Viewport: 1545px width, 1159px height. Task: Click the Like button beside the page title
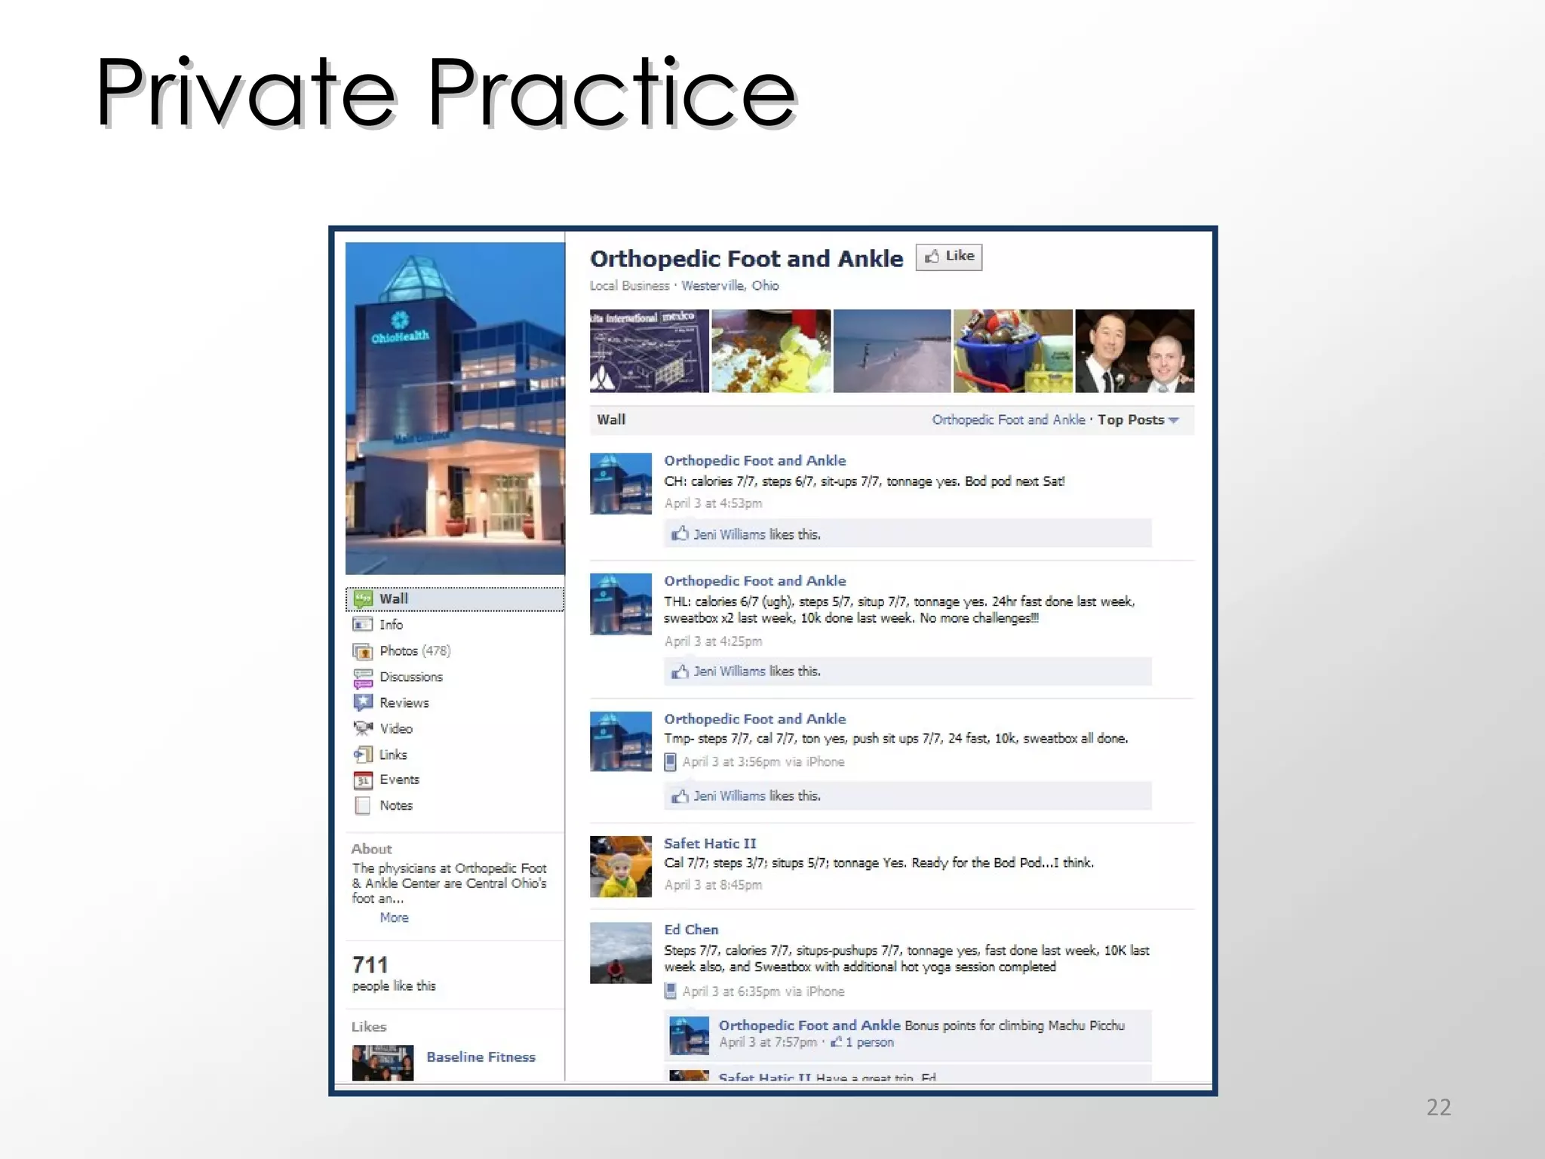pos(948,257)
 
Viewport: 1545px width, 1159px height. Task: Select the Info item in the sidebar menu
pos(391,625)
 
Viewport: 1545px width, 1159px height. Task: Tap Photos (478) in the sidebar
pos(414,651)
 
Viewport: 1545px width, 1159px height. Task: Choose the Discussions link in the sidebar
pos(410,677)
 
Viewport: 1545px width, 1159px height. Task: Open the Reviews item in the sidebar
pos(404,703)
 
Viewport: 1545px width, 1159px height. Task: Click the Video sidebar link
pos(395,729)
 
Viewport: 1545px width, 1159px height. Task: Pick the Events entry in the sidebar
pos(399,779)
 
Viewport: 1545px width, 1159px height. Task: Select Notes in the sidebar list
pos(395,806)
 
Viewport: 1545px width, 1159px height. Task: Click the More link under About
pos(394,918)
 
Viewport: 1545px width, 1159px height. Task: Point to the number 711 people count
pos(370,965)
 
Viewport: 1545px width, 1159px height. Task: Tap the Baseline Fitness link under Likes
pos(481,1057)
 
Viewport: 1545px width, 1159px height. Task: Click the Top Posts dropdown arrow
pos(1174,420)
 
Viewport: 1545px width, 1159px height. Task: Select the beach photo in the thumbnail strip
pos(892,351)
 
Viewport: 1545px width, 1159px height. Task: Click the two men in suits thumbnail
pos(1134,351)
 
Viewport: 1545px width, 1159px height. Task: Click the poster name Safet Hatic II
pos(709,844)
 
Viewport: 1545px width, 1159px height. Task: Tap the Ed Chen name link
pos(690,930)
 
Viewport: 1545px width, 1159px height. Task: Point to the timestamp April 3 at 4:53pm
pos(713,503)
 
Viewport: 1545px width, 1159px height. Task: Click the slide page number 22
pos(1438,1107)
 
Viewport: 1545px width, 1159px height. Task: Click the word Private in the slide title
pos(245,94)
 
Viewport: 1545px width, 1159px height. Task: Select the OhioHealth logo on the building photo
pos(400,327)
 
